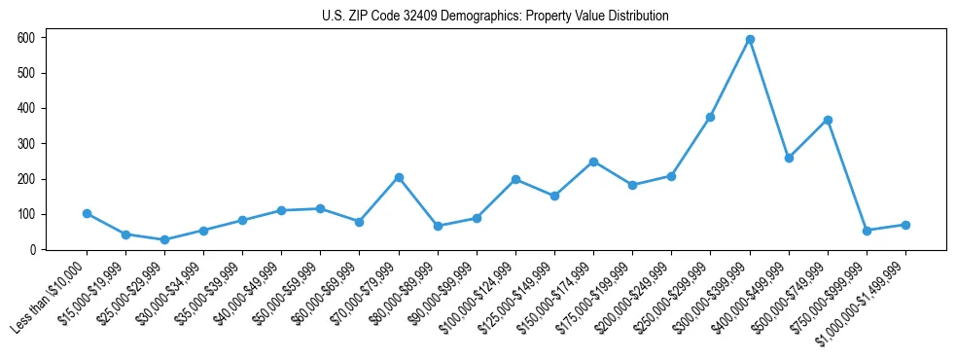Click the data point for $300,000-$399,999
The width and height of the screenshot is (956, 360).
point(750,40)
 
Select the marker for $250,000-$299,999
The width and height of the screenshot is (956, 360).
point(710,117)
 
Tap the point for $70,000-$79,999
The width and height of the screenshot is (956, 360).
point(399,177)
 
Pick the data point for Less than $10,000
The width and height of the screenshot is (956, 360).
point(87,213)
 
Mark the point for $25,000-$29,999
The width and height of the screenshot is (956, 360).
point(164,239)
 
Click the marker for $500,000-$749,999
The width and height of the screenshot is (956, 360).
point(828,120)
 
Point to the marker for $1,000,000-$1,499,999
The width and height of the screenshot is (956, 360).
point(905,225)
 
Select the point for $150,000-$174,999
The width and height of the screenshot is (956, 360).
point(593,162)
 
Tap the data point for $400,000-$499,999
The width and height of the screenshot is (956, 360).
point(789,158)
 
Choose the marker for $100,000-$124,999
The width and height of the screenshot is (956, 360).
point(515,179)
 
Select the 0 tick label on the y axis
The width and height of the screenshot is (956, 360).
point(32,250)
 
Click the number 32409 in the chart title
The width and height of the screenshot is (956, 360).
point(404,17)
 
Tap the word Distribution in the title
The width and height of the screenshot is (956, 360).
point(636,17)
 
